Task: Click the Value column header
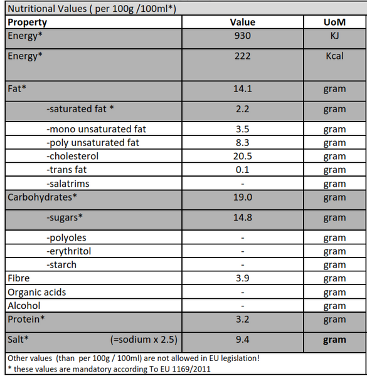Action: tap(242, 23)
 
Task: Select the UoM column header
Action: tap(334, 23)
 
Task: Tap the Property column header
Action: tap(28, 23)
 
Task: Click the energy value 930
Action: tap(242, 36)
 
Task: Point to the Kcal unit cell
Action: tap(334, 56)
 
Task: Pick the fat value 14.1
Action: tap(242, 89)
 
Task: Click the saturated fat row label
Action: tap(80, 109)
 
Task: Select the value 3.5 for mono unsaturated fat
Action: tap(242, 129)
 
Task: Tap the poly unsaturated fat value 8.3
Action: tap(242, 143)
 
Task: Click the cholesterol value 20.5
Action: tap(242, 156)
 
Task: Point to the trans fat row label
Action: tap(66, 170)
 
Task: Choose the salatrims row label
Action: tap(68, 184)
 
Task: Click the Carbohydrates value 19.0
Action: tap(242, 197)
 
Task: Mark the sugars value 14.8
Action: tap(242, 217)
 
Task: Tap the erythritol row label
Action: tap(69, 251)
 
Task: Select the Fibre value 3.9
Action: tap(242, 278)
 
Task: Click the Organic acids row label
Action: tap(37, 293)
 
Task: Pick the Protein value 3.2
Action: tap(242, 319)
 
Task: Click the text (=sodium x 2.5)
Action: tap(144, 340)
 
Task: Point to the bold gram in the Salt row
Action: tap(334, 340)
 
